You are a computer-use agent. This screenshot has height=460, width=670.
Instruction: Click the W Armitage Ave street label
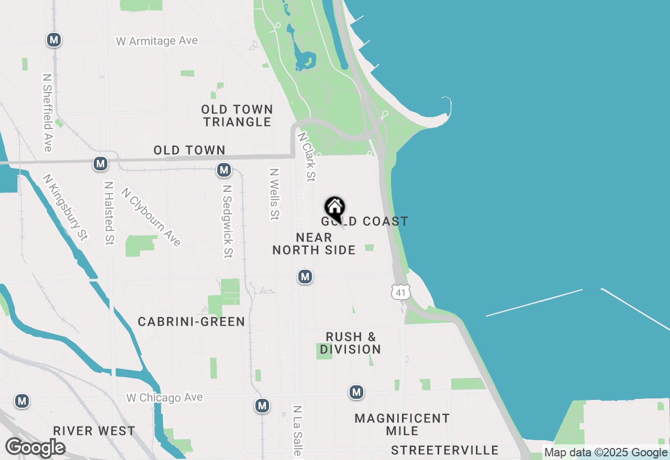157,41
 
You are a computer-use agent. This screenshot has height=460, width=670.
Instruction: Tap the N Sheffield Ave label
48,112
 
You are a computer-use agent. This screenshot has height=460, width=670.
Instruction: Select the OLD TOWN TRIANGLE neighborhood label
238,116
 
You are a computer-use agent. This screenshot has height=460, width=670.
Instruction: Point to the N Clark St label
307,156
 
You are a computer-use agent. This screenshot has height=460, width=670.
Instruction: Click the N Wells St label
273,194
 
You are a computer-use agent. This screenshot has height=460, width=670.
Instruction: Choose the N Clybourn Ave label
151,217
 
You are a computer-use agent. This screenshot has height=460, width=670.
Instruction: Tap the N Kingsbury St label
65,207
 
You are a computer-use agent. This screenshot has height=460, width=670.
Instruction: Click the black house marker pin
334,209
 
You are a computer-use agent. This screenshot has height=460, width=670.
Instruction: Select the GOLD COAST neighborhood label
365,222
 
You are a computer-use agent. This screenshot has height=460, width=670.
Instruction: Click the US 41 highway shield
401,292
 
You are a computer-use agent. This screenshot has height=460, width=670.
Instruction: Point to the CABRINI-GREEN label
192,322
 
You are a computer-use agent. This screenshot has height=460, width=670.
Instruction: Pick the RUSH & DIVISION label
351,343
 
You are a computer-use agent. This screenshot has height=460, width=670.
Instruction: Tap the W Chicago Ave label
164,398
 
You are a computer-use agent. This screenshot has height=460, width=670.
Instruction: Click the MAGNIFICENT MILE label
402,424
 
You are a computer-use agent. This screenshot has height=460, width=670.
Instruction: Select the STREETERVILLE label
445,451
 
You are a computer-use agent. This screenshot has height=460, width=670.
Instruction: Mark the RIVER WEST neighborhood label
94,431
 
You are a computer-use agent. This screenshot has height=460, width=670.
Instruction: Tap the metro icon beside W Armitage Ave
53,40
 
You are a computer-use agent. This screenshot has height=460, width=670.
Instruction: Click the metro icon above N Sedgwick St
224,170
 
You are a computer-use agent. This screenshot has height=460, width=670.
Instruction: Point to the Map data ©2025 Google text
606,453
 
